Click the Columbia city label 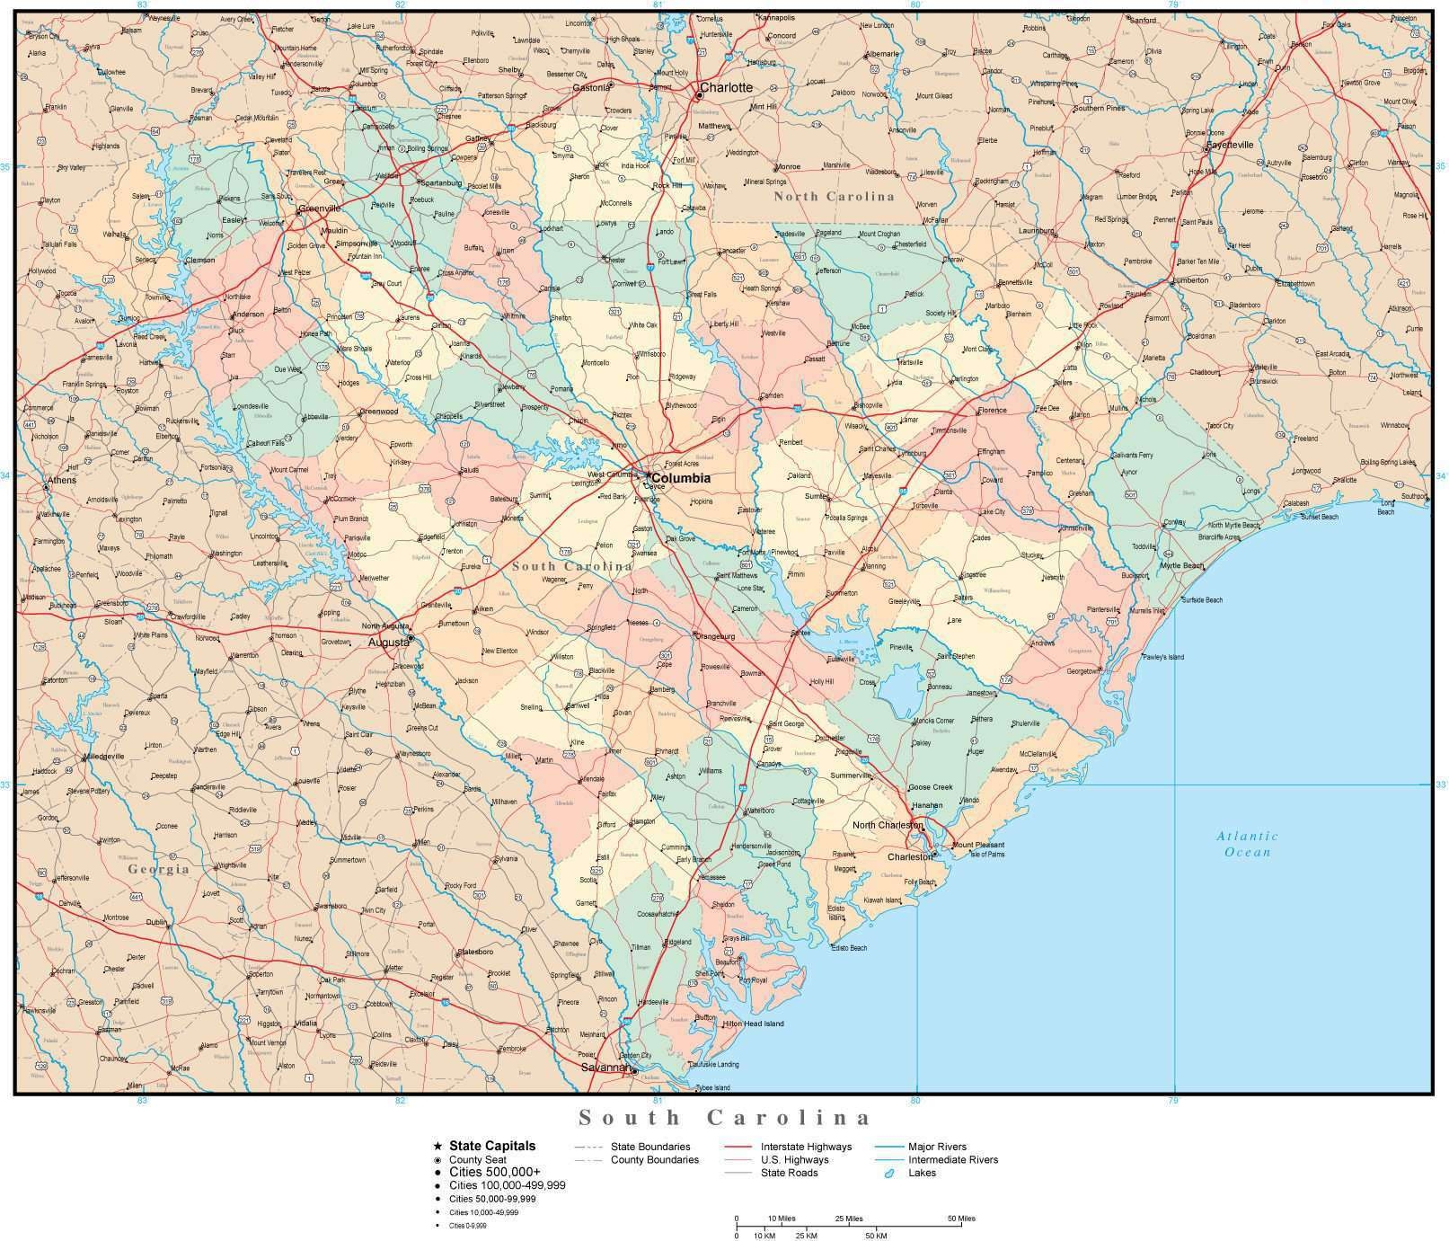click(x=680, y=478)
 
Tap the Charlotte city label click(x=726, y=87)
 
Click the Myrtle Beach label click(x=1181, y=565)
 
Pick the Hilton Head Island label click(x=753, y=1024)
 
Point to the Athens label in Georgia click(x=62, y=480)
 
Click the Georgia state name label click(x=158, y=869)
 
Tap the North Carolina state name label click(x=835, y=196)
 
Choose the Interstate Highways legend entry click(x=806, y=1146)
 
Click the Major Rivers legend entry click(x=937, y=1146)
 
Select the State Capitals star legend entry click(x=492, y=1145)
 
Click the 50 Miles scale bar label click(x=960, y=1219)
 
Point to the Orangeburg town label click(x=715, y=636)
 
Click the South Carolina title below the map click(x=724, y=1118)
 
